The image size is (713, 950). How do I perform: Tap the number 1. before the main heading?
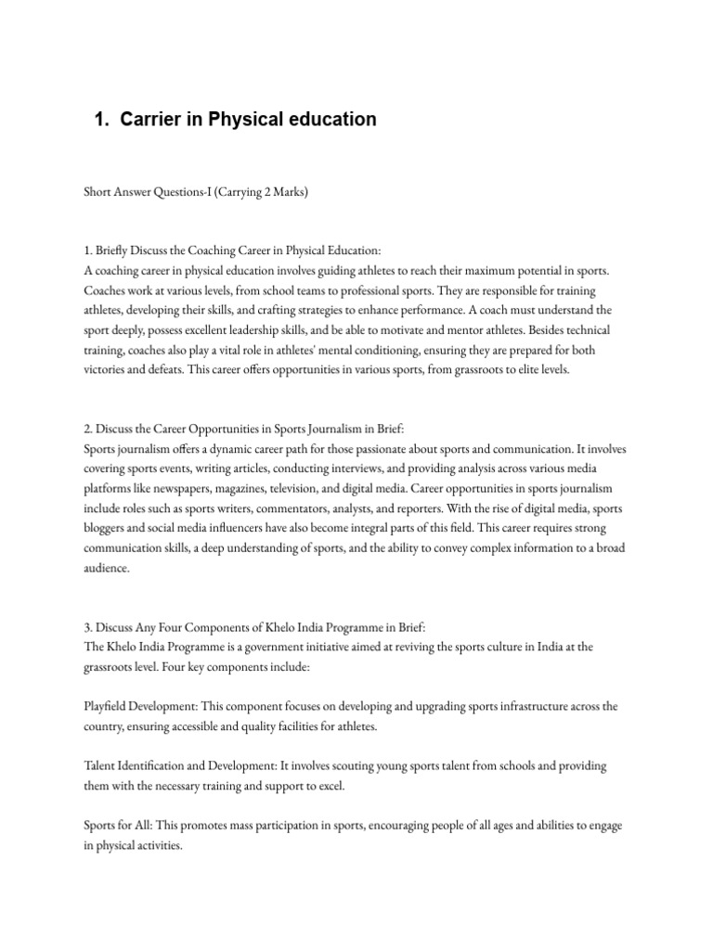coord(102,120)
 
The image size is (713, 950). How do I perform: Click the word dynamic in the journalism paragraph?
coord(232,449)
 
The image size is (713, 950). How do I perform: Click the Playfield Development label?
coord(144,707)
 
